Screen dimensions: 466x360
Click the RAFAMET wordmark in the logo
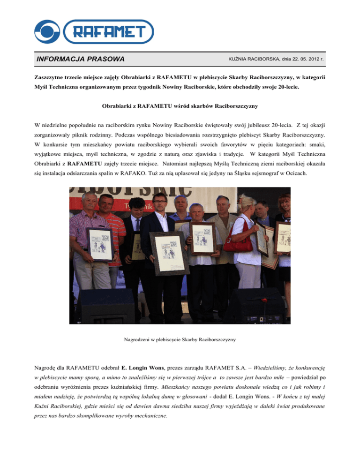(x=112, y=31)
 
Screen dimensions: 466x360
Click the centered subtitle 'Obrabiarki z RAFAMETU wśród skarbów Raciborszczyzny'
(x=180, y=106)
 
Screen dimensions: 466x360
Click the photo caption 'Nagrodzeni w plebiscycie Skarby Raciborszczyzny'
(x=180, y=338)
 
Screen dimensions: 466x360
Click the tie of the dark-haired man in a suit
(x=137, y=225)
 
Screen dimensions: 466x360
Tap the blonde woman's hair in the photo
(x=246, y=202)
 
